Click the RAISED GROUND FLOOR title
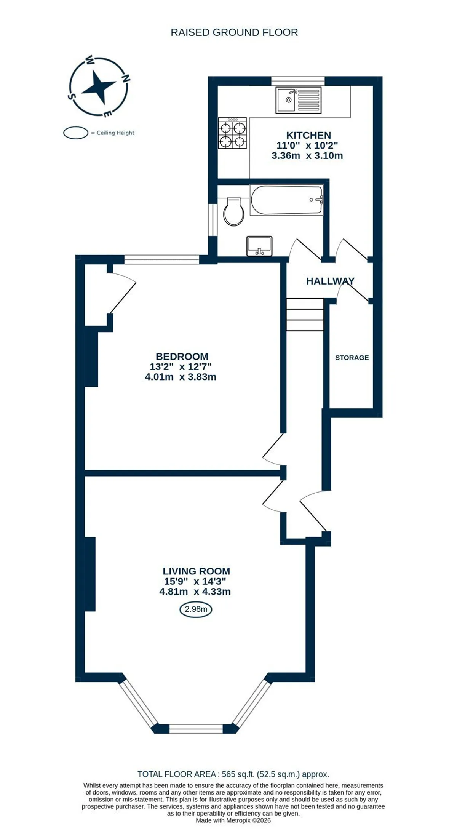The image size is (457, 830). coord(234,33)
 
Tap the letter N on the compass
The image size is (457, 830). coord(125,78)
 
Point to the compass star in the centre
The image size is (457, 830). coord(99,87)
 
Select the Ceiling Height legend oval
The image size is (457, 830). coord(76,133)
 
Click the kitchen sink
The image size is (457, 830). coord(299,100)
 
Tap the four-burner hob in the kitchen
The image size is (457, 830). coord(232,133)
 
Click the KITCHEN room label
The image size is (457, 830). coord(308,135)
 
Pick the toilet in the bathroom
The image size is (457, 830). coord(233,211)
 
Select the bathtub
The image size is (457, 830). coord(287,200)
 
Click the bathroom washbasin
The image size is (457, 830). coord(259,246)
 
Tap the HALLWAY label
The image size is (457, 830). coord(330,281)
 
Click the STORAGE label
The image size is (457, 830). coord(352,358)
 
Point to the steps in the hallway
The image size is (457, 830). coord(305,315)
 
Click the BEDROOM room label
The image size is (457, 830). coord(182,357)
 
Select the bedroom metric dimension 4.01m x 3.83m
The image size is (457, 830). coord(181,377)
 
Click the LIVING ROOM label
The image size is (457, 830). coord(196,571)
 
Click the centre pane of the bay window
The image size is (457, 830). coord(196,729)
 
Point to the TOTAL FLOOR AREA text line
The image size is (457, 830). coord(233,774)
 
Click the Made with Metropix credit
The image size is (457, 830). coord(233,820)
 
